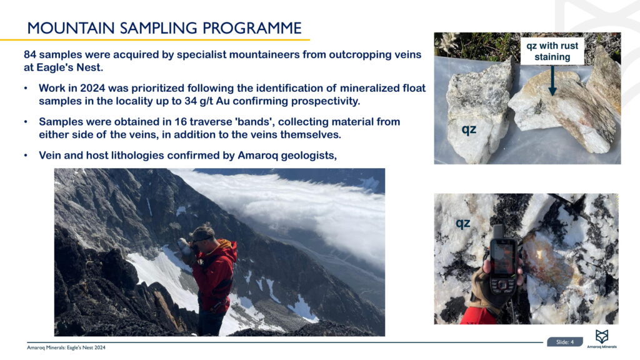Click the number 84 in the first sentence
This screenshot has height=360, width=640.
click(x=30, y=55)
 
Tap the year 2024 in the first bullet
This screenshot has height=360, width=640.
click(x=92, y=88)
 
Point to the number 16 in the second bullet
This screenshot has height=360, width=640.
click(x=181, y=122)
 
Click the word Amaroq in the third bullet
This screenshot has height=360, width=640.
click(x=256, y=156)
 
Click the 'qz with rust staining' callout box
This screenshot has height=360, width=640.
click(x=552, y=51)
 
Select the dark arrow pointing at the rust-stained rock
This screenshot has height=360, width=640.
click(x=552, y=81)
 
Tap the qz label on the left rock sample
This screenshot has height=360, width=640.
click(x=469, y=129)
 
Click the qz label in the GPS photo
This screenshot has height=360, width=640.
click(x=463, y=223)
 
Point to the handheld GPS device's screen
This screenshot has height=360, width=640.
click(x=502, y=258)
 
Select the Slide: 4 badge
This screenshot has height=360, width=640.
click(x=565, y=342)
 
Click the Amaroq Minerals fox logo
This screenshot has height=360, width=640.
click(x=602, y=336)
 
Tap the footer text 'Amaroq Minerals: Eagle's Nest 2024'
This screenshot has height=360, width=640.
click(x=66, y=347)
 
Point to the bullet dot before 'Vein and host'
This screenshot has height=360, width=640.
click(x=26, y=156)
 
